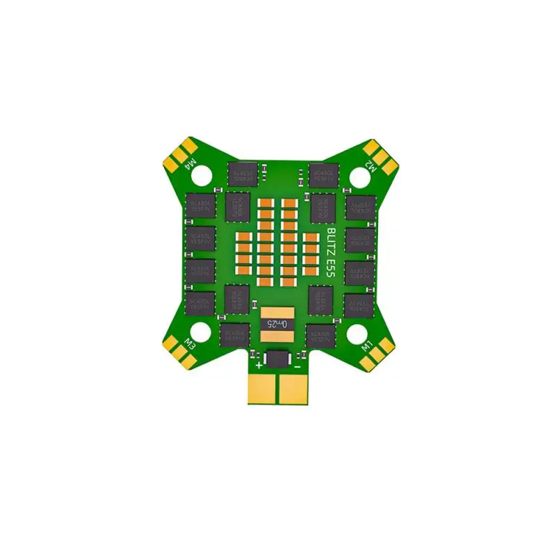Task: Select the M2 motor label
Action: [x=370, y=167]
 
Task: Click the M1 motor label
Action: [x=368, y=345]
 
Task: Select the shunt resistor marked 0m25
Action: [x=277, y=324]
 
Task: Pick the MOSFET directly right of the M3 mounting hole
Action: [x=234, y=335]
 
